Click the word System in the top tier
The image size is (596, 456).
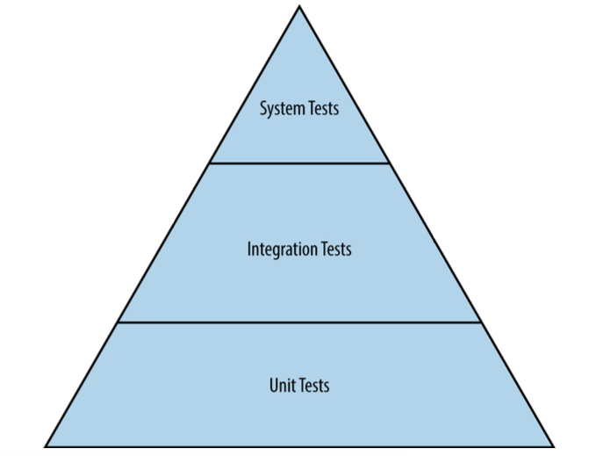[280, 110]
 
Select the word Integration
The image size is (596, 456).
[281, 250]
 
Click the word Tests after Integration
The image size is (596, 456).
[334, 250]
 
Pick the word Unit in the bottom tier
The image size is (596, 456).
[282, 385]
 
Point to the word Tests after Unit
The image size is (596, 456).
[312, 385]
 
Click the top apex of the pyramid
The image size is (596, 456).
[299, 7]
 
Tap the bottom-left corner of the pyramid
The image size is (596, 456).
[46, 446]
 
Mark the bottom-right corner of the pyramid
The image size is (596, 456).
[554, 446]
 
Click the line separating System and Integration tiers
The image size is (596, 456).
[299, 163]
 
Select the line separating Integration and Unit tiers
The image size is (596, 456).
[299, 322]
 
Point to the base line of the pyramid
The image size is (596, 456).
[299, 446]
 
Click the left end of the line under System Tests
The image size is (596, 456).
[210, 163]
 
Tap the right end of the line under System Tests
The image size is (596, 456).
[389, 163]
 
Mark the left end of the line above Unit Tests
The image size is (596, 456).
[118, 322]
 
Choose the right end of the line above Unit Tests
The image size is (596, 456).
[481, 322]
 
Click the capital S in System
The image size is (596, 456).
[263, 110]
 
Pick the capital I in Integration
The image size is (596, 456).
[249, 250]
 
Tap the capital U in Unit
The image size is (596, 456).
[273, 385]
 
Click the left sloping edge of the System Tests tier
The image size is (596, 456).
[254, 86]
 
